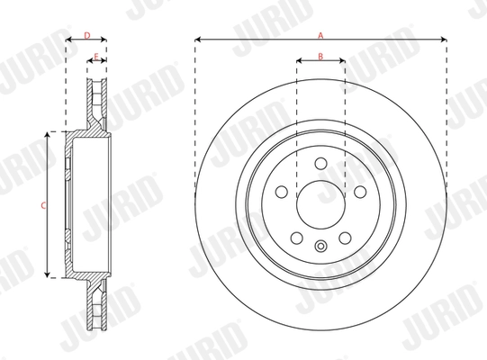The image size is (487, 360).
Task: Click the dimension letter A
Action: pos(320,34)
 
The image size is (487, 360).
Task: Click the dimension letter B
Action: pos(320,57)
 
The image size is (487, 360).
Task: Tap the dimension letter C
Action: pos(42,205)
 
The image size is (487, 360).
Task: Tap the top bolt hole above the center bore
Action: pos(320,163)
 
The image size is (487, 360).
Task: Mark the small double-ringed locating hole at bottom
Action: pos(320,247)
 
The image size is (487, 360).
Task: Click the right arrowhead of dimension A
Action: pos(445,40)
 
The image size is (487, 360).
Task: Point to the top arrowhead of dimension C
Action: pos(49,134)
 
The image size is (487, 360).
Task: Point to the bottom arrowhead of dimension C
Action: pos(49,276)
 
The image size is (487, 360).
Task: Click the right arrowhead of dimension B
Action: pos(342,62)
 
